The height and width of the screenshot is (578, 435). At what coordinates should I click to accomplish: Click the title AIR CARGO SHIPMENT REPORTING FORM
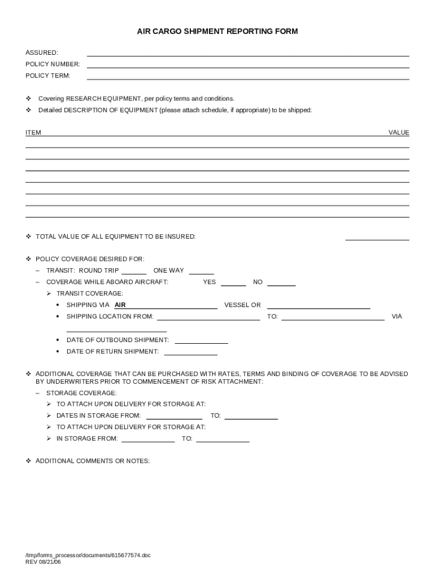pyautogui.click(x=217, y=32)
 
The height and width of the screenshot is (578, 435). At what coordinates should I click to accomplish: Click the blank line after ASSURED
pyautogui.click(x=247, y=53)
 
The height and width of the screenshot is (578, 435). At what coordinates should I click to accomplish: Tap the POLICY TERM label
pyautogui.click(x=47, y=76)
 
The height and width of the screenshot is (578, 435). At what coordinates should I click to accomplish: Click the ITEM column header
pyautogui.click(x=33, y=133)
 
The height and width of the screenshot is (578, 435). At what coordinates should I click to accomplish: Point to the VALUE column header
pyautogui.click(x=398, y=133)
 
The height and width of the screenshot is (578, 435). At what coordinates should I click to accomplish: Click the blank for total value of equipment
pyautogui.click(x=377, y=237)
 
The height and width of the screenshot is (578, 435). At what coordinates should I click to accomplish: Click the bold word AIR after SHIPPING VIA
pyautogui.click(x=120, y=305)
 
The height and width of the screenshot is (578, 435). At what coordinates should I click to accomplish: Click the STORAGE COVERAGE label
pyautogui.click(x=81, y=393)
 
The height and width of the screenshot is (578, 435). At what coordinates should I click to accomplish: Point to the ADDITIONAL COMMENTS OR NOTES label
pyautogui.click(x=93, y=461)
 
